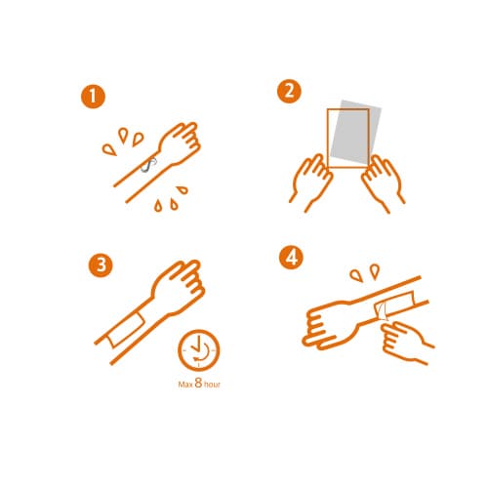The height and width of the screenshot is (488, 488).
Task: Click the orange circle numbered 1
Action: tap(93, 97)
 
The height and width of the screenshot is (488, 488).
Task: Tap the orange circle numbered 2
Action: tap(289, 92)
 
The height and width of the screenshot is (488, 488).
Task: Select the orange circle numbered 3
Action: tap(101, 265)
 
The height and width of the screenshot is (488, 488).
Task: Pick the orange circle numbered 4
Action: tap(291, 258)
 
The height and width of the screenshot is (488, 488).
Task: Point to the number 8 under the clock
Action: tap(198, 383)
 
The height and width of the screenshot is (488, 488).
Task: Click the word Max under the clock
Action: tap(185, 385)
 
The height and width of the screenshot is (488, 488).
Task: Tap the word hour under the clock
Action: tap(212, 385)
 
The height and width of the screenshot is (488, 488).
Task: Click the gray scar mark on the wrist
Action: tap(148, 165)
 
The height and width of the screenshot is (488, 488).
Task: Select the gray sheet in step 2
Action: tap(356, 134)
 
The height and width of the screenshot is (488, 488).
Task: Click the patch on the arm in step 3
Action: tap(126, 330)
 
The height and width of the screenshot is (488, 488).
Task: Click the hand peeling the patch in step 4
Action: tap(407, 342)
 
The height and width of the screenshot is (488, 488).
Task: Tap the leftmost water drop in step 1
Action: tap(109, 149)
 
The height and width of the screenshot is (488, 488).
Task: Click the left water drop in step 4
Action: tap(356, 276)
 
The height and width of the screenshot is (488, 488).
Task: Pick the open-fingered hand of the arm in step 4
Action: tap(329, 325)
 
